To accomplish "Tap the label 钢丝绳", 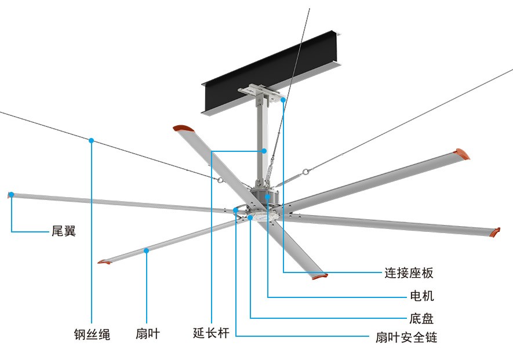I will click(x=92, y=334).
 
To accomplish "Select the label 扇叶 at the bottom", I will click(x=147, y=334).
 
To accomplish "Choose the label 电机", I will click(x=421, y=296).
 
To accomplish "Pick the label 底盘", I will click(x=421, y=318).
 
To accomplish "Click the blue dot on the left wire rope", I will click(x=92, y=140).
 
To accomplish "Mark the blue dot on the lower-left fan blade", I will click(x=147, y=250).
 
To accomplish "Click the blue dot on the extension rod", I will click(x=264, y=151).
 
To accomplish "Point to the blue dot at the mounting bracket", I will click(x=283, y=100).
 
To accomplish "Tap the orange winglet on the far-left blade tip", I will click(x=10, y=195).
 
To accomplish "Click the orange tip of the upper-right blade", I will click(x=462, y=154).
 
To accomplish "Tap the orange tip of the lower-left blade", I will click(x=104, y=262).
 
